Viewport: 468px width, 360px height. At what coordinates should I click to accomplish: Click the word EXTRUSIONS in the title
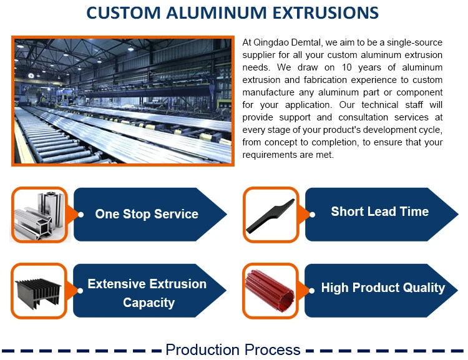[326, 13]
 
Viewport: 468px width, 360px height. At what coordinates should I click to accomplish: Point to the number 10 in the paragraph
[346, 67]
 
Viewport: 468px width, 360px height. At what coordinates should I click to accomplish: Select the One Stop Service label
[147, 214]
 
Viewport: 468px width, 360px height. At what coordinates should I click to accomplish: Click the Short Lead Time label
[379, 212]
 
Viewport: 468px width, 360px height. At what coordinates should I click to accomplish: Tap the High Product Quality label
[383, 288]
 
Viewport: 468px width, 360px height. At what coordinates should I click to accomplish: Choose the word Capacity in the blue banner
[149, 303]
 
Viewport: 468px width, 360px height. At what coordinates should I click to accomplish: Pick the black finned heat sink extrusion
[38, 293]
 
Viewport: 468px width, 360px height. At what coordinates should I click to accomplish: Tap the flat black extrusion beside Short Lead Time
[270, 215]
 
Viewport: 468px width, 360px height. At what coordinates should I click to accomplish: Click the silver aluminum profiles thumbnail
[39, 215]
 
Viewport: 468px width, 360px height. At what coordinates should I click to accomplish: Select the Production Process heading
[233, 350]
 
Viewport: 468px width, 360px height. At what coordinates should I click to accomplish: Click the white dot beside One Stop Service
[80, 215]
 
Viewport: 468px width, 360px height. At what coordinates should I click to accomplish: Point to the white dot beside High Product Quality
[311, 291]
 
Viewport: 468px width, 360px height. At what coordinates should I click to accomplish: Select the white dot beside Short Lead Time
[312, 215]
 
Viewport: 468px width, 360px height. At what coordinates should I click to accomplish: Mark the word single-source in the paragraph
[414, 42]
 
